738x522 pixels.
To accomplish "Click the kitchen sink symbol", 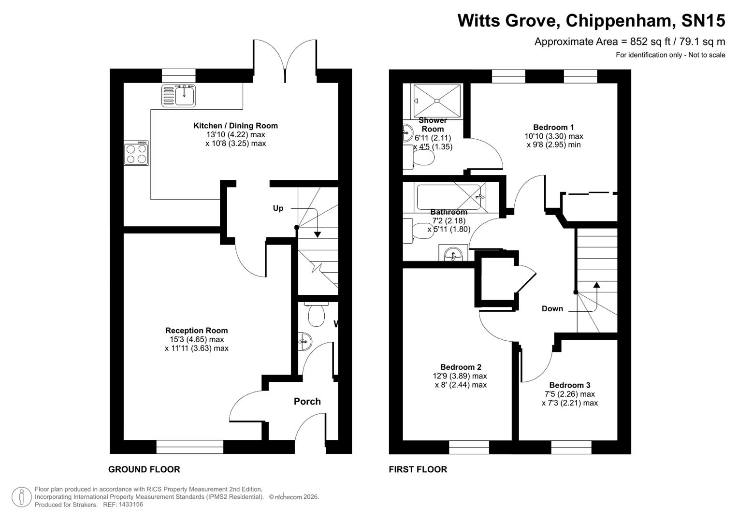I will [179, 95].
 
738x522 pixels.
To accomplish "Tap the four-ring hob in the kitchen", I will [136, 153].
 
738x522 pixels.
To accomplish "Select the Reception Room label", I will [196, 331].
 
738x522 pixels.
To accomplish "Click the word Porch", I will [307, 401].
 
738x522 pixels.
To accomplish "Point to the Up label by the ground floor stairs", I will [278, 208].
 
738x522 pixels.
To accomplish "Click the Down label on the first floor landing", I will [552, 308].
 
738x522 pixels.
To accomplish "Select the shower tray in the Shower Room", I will [437, 101].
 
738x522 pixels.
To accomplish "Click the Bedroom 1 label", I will [553, 127].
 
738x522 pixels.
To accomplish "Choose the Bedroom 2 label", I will [460, 367].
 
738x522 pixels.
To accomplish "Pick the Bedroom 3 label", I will [569, 385].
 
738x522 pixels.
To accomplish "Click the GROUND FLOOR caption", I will [144, 469].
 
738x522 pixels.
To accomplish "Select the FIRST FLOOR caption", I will [418, 469].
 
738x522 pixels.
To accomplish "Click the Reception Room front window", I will [190, 447].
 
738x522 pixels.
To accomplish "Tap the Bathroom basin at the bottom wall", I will [453, 254].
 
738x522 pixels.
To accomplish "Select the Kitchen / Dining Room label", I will [235, 126].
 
